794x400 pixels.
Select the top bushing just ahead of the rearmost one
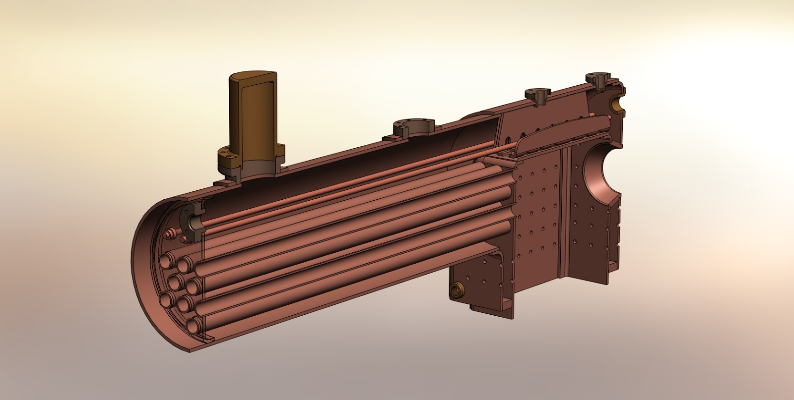tap(538, 94)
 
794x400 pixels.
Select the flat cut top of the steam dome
tap(253, 78)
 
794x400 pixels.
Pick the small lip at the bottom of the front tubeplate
tap(206, 340)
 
